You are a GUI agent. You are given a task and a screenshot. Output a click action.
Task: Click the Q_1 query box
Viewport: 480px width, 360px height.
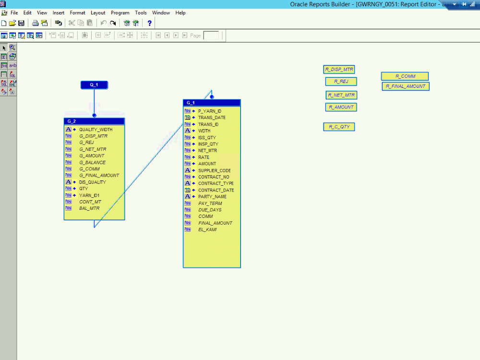coord(94,85)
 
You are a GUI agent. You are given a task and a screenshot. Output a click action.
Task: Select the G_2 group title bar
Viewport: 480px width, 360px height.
coord(94,121)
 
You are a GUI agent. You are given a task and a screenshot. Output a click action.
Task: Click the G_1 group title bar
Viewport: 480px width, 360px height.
coord(212,103)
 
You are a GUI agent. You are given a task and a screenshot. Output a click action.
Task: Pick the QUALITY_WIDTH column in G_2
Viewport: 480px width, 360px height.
coord(96,130)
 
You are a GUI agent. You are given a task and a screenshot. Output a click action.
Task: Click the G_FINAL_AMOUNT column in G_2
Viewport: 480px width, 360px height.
coord(99,176)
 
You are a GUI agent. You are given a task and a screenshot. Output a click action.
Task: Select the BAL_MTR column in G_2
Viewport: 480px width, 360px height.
coord(89,208)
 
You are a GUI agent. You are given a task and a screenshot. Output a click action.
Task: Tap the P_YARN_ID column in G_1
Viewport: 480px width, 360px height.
coord(209,111)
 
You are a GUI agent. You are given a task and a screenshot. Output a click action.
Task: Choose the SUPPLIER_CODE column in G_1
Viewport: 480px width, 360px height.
coord(214,170)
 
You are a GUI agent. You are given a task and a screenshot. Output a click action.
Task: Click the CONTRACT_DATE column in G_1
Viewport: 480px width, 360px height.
coord(216,190)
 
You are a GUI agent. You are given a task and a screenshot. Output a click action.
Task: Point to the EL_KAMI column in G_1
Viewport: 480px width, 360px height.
coord(207,229)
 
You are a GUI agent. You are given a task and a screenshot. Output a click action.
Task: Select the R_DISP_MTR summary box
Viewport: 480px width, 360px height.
coord(339,70)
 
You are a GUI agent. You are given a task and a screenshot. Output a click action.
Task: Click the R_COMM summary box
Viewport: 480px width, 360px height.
coord(405,76)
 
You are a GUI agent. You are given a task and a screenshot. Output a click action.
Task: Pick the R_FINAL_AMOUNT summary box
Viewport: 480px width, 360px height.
coord(406,86)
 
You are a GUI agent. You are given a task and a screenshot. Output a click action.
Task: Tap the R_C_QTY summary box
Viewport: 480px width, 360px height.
coord(339,127)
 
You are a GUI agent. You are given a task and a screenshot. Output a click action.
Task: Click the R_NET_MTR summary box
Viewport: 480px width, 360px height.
coord(341,95)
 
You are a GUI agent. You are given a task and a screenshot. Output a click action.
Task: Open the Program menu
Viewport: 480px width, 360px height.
coord(120,13)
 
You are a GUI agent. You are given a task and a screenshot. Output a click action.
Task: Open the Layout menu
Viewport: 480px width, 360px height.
coord(98,13)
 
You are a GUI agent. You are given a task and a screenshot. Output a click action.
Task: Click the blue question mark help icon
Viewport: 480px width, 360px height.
coord(149,23)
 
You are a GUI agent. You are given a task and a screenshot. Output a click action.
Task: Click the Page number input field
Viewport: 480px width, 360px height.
coord(211,36)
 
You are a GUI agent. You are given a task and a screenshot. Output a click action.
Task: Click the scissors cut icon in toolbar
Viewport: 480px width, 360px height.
coord(72,23)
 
